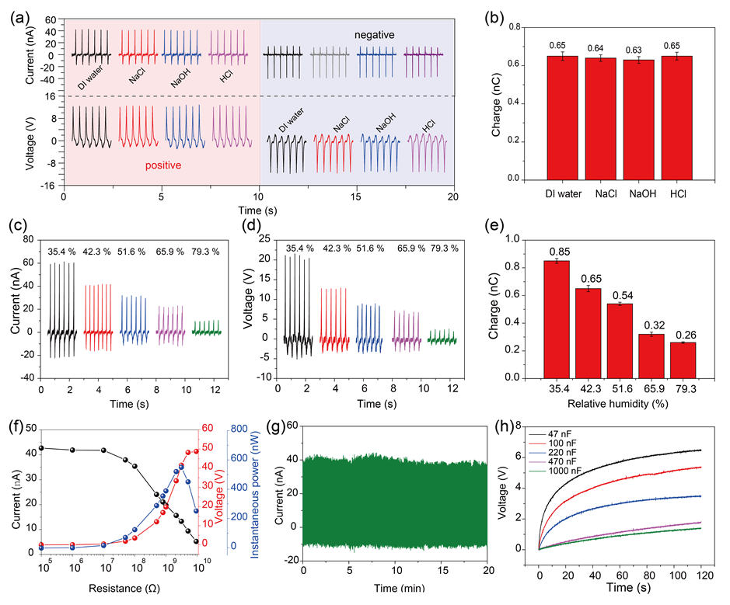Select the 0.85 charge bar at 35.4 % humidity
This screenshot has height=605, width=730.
pyautogui.click(x=557, y=319)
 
